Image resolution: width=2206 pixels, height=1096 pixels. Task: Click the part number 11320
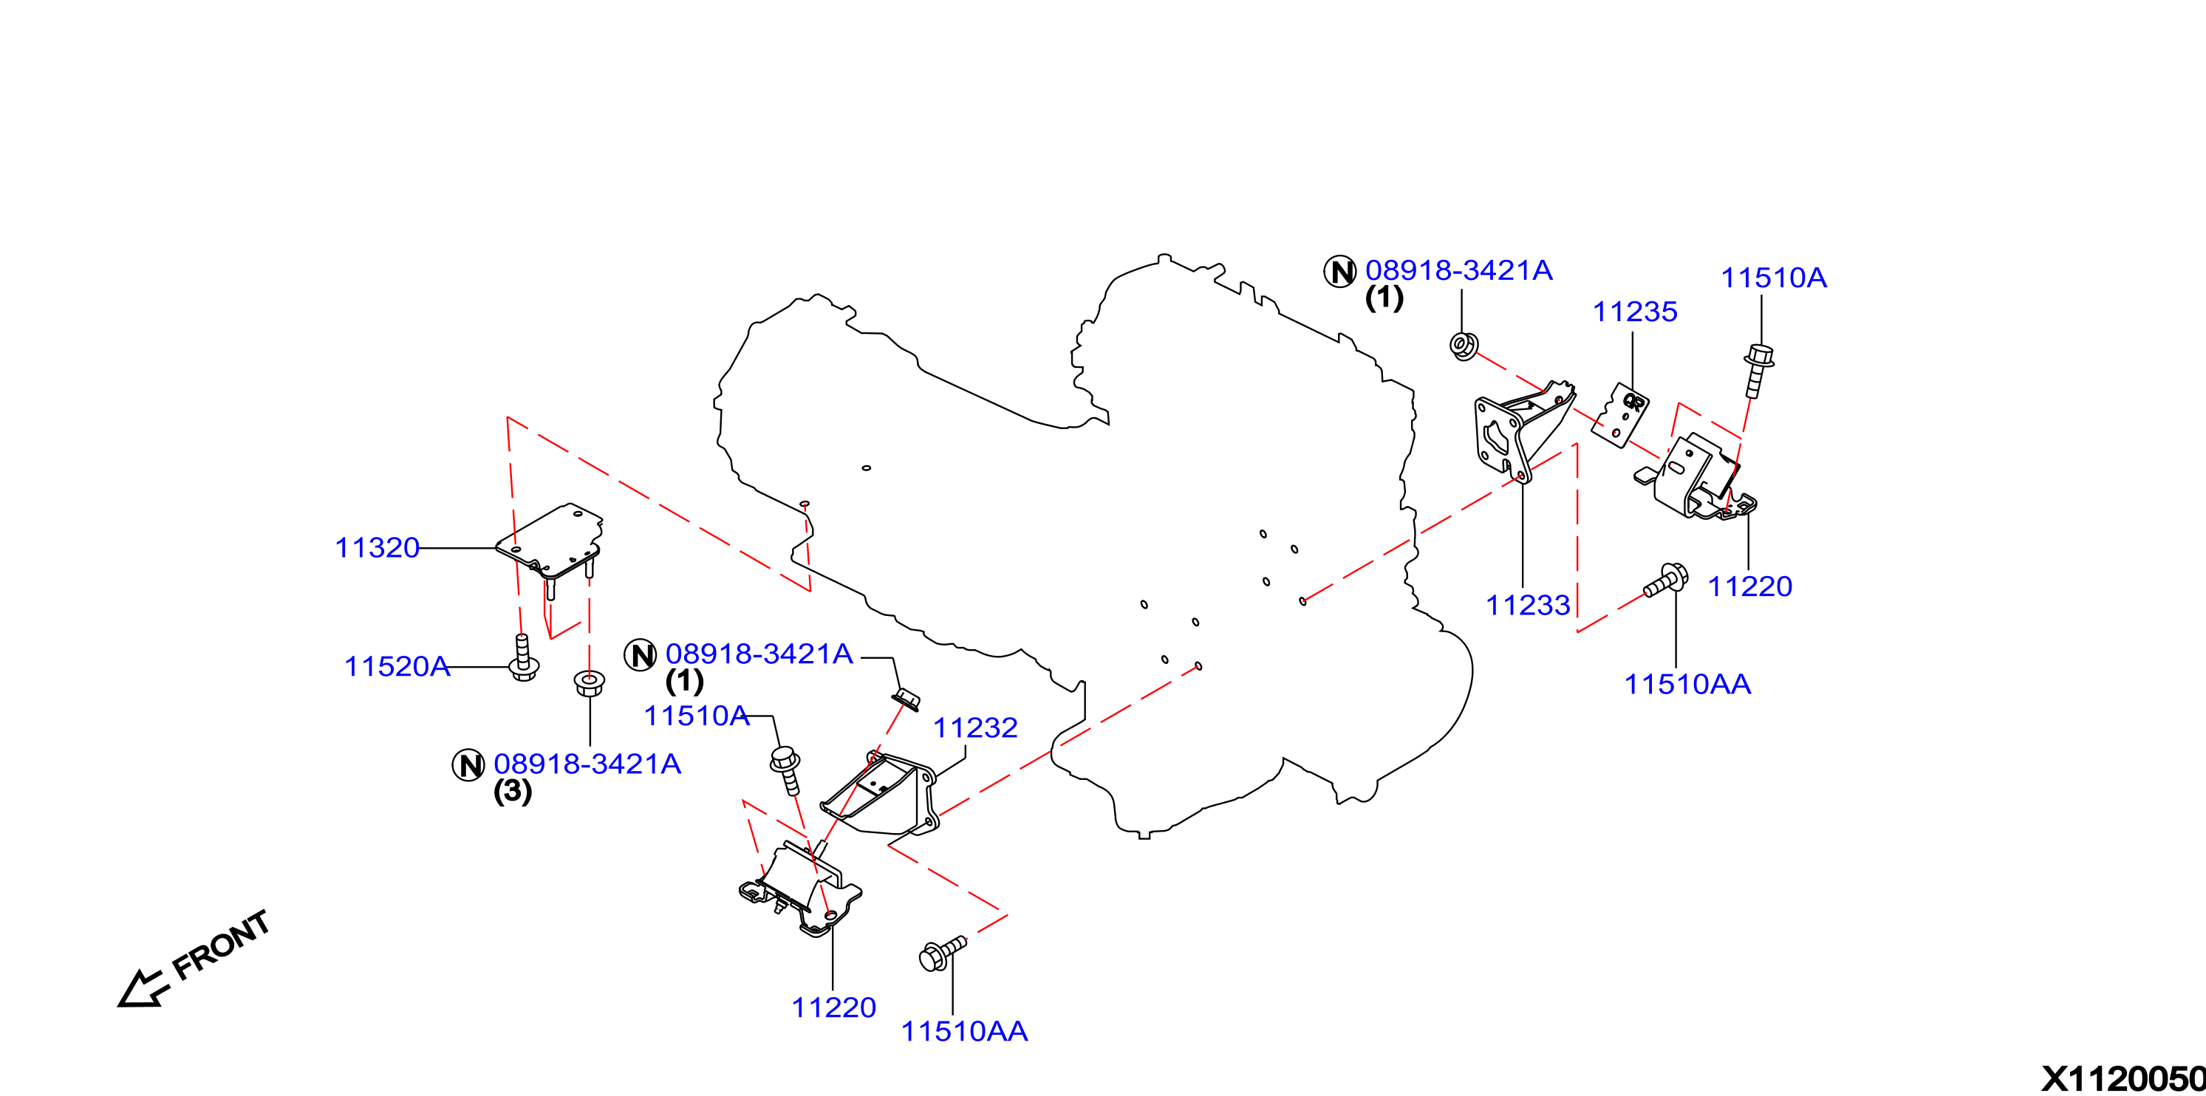[377, 548]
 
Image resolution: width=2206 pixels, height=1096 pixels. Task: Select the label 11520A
[397, 666]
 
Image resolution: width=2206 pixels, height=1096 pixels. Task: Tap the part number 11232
[974, 727]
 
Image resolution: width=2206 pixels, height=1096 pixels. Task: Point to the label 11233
[1527, 606]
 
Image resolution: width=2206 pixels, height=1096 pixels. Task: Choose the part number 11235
[1634, 312]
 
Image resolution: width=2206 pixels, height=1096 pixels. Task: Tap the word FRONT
[221, 945]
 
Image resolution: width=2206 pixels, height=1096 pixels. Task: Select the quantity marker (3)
[512, 791]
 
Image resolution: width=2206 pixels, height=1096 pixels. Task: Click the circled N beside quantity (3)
[468, 764]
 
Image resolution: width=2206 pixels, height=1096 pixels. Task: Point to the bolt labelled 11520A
[523, 657]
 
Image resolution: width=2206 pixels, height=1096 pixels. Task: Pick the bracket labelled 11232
[882, 794]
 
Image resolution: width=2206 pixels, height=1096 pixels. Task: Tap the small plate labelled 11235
[1620, 415]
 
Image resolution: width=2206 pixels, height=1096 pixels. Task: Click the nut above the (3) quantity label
[590, 682]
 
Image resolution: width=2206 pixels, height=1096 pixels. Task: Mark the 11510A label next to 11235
[1774, 278]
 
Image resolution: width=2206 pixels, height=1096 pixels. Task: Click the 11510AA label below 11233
[1687, 684]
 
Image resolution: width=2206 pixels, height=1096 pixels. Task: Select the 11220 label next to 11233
[1749, 586]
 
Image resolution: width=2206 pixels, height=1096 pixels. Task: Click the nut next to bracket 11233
[1464, 345]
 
